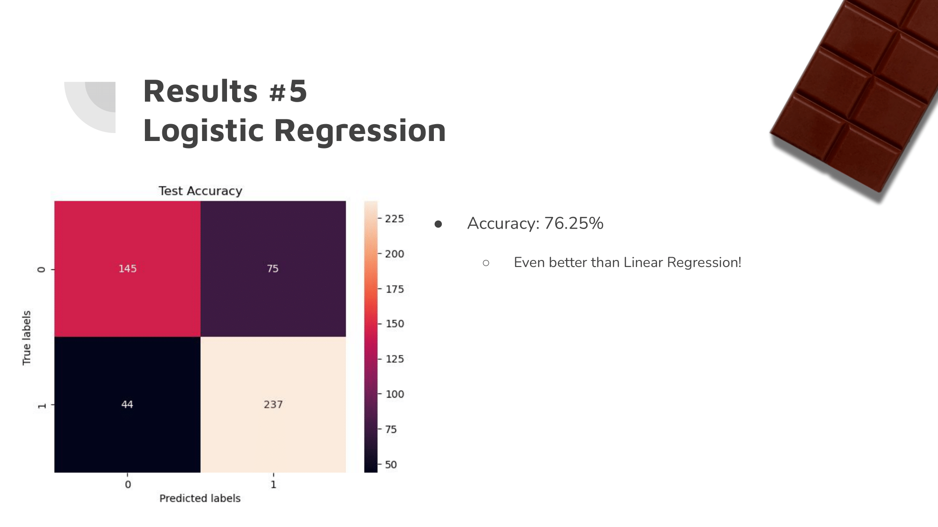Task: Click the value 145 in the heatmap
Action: (x=127, y=268)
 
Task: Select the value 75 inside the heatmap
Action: (x=272, y=268)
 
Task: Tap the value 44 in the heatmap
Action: (x=127, y=404)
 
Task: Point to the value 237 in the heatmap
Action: (x=273, y=404)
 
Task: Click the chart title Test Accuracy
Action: (x=200, y=191)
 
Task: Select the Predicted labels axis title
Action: (x=200, y=498)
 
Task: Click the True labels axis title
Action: (x=27, y=337)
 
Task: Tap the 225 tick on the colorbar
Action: (x=394, y=219)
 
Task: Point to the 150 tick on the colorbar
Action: (x=394, y=324)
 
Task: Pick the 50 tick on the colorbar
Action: (x=391, y=465)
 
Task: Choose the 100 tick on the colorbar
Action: (x=394, y=394)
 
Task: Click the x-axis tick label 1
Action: (x=273, y=484)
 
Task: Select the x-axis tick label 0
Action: (x=128, y=484)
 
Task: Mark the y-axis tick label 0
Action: (x=42, y=269)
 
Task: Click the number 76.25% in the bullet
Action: (x=574, y=223)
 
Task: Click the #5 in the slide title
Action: (x=288, y=91)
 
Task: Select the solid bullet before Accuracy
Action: (x=438, y=224)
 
